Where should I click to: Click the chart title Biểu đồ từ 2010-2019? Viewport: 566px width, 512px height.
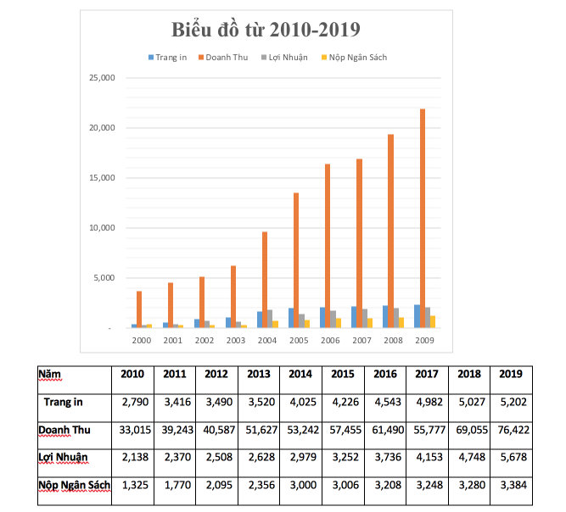pyautogui.click(x=266, y=30)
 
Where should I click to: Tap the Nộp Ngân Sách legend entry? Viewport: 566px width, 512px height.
pyautogui.click(x=354, y=58)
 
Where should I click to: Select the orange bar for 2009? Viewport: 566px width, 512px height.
pyautogui.click(x=422, y=218)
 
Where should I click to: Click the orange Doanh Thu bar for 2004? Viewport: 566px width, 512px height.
pyautogui.click(x=265, y=280)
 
